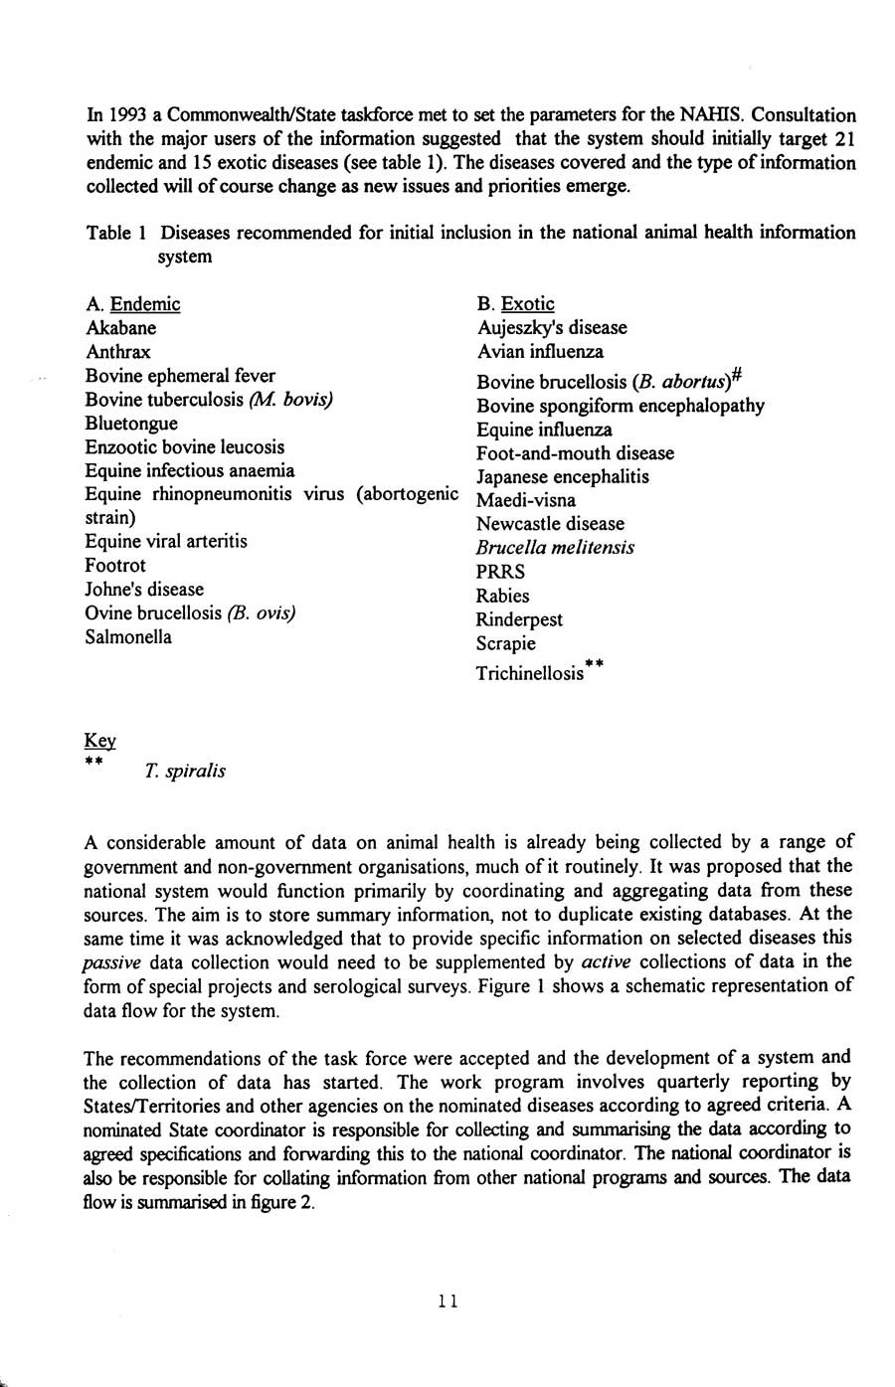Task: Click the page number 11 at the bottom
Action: click(x=447, y=1300)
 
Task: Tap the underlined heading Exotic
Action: click(x=528, y=304)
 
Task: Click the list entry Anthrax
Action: click(x=118, y=352)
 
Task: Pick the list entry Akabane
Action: click(x=121, y=328)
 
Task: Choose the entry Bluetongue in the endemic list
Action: click(x=132, y=424)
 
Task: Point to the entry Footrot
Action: click(x=115, y=565)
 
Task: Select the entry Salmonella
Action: click(x=128, y=636)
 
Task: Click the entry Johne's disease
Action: click(x=144, y=589)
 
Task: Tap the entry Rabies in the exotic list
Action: click(x=503, y=596)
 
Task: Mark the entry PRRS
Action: click(x=501, y=572)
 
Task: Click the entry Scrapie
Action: click(x=506, y=643)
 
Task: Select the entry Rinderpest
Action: click(x=519, y=619)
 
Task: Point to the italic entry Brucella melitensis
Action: click(x=555, y=548)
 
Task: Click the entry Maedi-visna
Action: click(x=526, y=500)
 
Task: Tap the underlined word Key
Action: click(x=100, y=741)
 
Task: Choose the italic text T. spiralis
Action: click(x=185, y=771)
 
